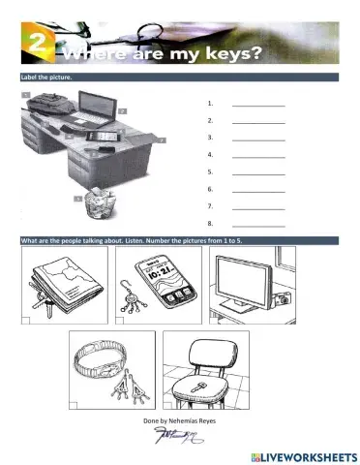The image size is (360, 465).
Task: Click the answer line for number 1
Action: [x=258, y=104]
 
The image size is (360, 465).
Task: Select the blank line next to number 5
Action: [x=258, y=172]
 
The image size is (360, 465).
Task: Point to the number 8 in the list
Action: [x=210, y=223]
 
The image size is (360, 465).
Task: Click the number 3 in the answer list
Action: [x=210, y=138]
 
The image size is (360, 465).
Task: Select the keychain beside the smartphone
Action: [x=129, y=295]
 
